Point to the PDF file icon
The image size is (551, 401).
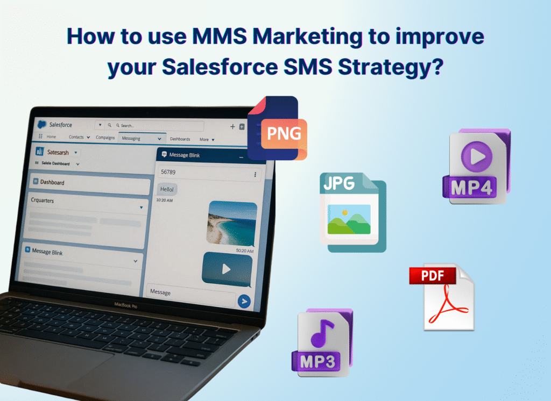coord(441,296)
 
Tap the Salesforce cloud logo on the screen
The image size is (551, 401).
coord(41,124)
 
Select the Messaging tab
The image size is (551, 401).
coord(131,138)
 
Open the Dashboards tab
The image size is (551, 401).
coord(180,139)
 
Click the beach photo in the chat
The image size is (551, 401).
coord(231,223)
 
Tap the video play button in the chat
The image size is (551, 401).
coord(227,268)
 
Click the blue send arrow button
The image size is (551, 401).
coord(244,301)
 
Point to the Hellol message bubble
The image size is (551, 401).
coord(168,189)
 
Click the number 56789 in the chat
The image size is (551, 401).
coord(168,173)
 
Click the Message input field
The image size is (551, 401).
coord(188,292)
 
